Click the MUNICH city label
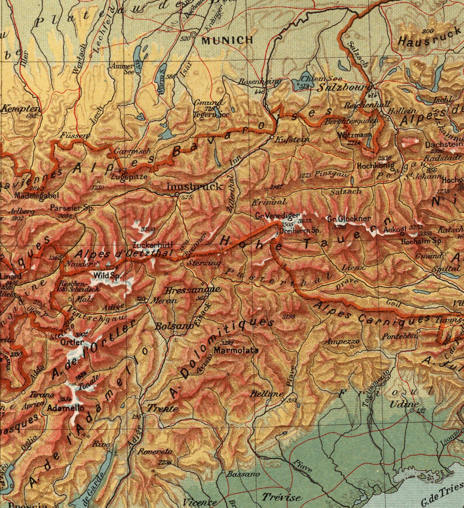coord(227,40)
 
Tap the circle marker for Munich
coord(193,35)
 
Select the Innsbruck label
coord(194,186)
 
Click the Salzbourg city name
coord(344,87)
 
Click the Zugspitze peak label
coord(129,177)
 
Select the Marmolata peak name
coord(236,350)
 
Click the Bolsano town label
coord(173,326)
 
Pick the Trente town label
coord(162,408)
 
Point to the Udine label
coord(404,404)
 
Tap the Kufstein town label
coord(292,140)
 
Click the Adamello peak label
coord(65,408)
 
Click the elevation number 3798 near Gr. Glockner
coord(340,227)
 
